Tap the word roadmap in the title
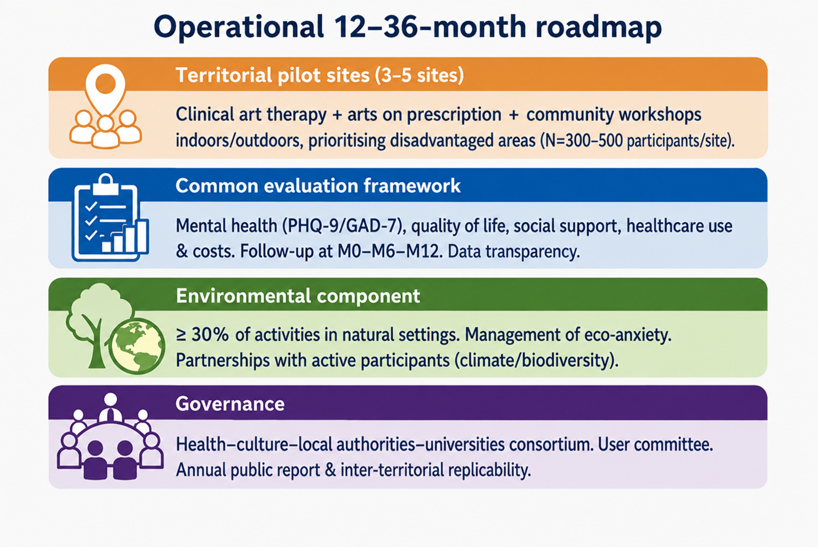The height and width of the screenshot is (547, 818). (599, 28)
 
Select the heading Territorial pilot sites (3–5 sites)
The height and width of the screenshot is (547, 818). (320, 75)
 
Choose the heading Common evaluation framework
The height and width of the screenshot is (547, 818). (317, 186)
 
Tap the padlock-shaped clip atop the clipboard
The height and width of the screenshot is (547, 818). (106, 184)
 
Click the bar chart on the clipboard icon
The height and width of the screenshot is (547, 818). (125, 237)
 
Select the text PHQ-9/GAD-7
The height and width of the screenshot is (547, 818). (345, 226)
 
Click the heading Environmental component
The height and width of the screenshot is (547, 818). (298, 296)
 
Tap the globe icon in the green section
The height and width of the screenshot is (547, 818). (137, 347)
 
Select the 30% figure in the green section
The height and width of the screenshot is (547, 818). (210, 335)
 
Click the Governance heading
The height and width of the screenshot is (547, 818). (229, 404)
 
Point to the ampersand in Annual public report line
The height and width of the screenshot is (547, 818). (330, 470)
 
